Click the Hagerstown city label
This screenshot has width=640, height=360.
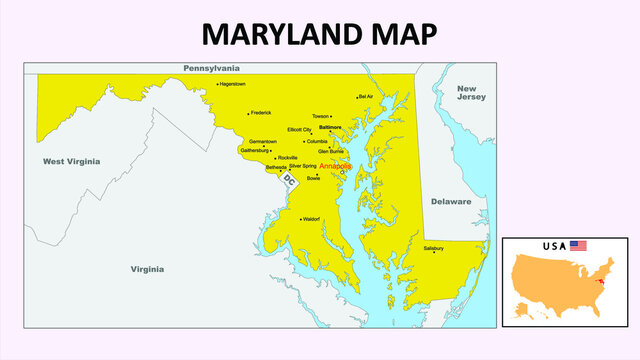(233, 84)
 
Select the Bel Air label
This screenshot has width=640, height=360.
(366, 97)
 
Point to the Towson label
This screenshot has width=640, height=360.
(320, 116)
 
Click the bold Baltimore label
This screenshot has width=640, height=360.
(330, 128)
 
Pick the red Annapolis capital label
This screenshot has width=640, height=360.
(336, 166)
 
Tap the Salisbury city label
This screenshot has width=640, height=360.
(433, 246)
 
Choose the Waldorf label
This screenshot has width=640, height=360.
(311, 218)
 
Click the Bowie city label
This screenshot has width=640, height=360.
(313, 178)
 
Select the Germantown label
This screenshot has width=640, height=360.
(263, 142)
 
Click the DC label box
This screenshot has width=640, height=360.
(289, 181)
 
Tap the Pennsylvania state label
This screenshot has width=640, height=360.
(211, 68)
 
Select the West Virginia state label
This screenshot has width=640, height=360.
(71, 161)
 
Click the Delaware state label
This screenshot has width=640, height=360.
(451, 201)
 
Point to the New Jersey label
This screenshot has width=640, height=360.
(471, 93)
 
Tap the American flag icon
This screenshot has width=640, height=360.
(579, 245)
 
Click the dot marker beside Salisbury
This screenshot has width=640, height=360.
(434, 252)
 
